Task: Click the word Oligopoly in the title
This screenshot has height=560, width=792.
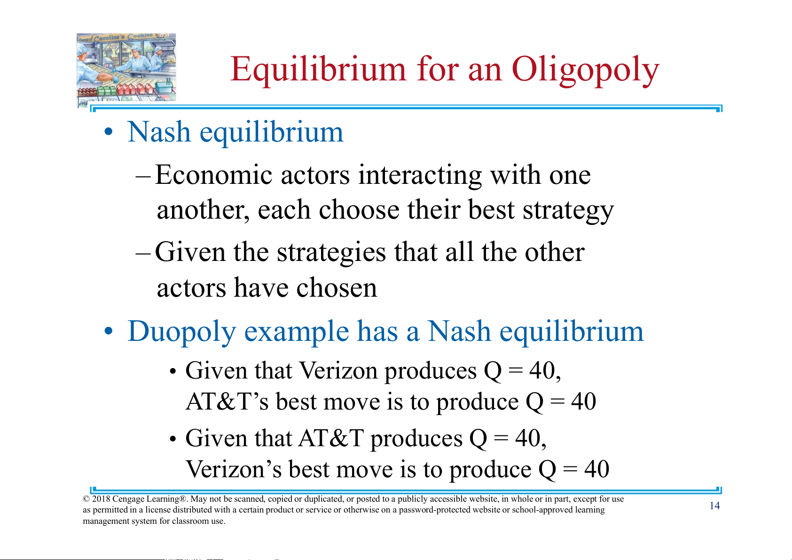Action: click(585, 70)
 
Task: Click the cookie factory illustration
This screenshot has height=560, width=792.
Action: click(126, 70)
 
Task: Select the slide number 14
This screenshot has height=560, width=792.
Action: click(714, 505)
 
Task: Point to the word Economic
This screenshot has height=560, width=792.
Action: click(213, 174)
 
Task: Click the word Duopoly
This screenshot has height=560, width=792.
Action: click(181, 332)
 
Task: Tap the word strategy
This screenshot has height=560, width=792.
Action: click(568, 211)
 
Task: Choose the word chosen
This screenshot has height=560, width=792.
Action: click(337, 287)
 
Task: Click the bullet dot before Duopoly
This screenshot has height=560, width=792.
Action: click(109, 331)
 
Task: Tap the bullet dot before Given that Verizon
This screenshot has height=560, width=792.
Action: click(173, 371)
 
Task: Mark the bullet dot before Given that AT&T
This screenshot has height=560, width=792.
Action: click(173, 439)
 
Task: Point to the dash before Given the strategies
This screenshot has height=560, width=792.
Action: click(143, 253)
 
